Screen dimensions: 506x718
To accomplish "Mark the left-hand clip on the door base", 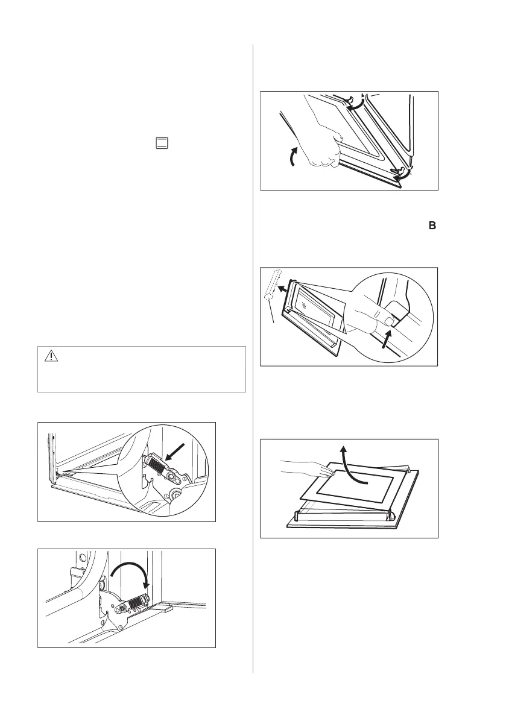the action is (297, 516).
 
